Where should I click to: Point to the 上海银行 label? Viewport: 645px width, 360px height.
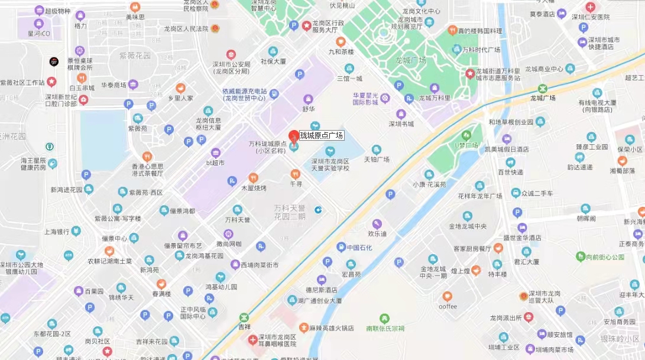[57, 232]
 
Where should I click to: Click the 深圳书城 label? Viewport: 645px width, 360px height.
[401, 124]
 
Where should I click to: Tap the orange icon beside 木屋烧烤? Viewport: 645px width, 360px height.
[253, 177]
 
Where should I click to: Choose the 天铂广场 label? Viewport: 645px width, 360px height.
[376, 159]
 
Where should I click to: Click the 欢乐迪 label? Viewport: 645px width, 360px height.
[377, 233]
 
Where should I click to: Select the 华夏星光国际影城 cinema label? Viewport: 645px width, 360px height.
[365, 98]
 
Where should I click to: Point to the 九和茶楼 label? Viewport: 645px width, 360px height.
[341, 51]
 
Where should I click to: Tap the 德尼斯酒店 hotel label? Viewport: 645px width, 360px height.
[321, 290]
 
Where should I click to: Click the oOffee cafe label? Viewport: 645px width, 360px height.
[448, 306]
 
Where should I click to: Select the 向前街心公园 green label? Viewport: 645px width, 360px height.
[600, 257]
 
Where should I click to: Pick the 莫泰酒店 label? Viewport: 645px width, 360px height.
[542, 14]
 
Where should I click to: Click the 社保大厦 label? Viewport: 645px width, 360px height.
[273, 61]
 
